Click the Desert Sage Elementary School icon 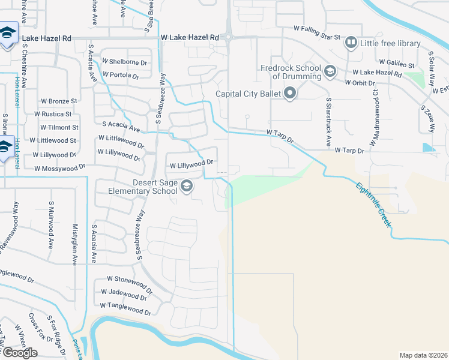[186, 187]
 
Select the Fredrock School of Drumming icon [329, 73]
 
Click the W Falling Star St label [317, 28]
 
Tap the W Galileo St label [397, 63]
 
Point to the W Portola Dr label [120, 76]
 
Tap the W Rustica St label [53, 114]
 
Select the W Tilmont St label [59, 128]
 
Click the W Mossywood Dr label [64, 169]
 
